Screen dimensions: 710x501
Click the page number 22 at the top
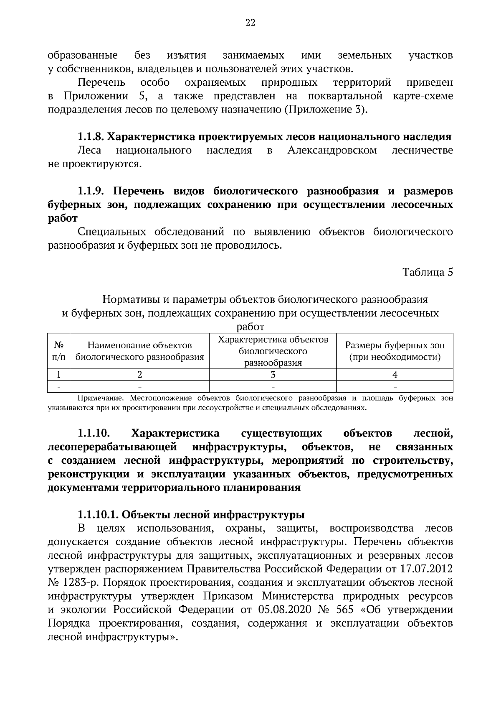pos(250,23)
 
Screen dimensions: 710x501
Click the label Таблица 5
pos(427,272)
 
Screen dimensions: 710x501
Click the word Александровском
pos(332,150)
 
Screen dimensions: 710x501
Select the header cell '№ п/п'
pos(59,351)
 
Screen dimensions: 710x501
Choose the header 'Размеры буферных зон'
pos(395,346)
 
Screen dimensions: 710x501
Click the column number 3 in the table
pos(273,375)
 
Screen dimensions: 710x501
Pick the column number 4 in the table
pos(395,375)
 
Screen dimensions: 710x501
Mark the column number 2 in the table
pos(139,375)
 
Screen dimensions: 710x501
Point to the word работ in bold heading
pos(63,218)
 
